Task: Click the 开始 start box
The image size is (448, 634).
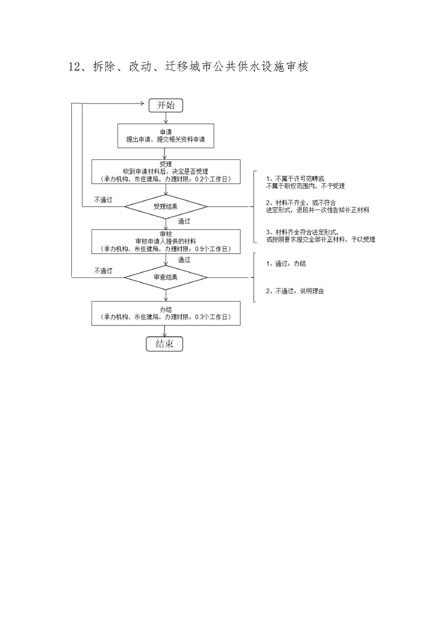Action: pyautogui.click(x=166, y=105)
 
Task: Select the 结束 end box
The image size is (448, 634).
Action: pyautogui.click(x=164, y=344)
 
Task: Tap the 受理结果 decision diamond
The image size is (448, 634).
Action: pyautogui.click(x=166, y=206)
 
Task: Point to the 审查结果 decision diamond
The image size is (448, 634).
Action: pyautogui.click(x=166, y=277)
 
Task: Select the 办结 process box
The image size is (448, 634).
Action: pyautogui.click(x=166, y=313)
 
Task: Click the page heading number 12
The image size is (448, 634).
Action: pyautogui.click(x=76, y=67)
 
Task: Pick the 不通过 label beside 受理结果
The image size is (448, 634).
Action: pyautogui.click(x=103, y=199)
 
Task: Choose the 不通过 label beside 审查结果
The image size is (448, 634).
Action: pyautogui.click(x=103, y=271)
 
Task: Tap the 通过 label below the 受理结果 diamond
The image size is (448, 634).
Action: pyautogui.click(x=184, y=221)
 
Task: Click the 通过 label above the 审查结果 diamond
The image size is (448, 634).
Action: pyautogui.click(x=184, y=260)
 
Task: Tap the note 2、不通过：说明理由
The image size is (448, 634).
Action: pyautogui.click(x=295, y=291)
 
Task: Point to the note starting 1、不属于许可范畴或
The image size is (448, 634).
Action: pyautogui.click(x=305, y=182)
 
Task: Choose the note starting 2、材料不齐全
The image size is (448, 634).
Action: pyautogui.click(x=317, y=206)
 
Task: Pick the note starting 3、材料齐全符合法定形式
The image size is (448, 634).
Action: pyautogui.click(x=320, y=236)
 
